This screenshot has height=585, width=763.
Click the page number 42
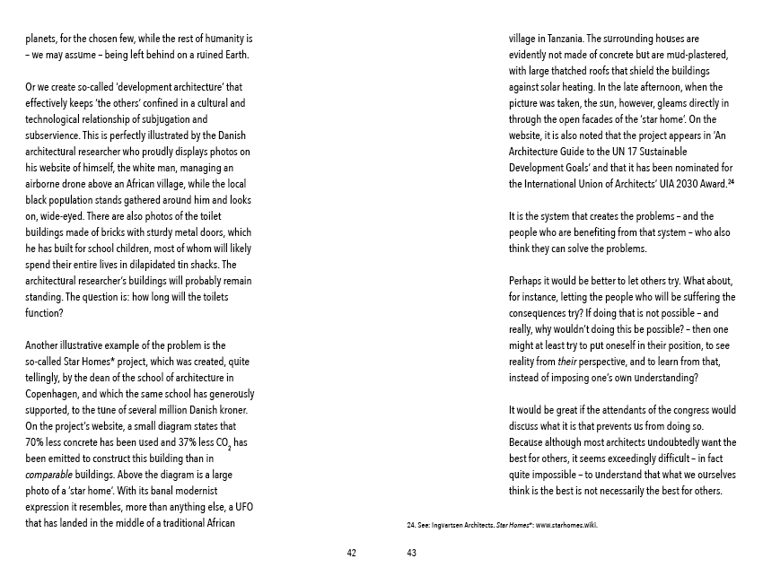coord(351,553)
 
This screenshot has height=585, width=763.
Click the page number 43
coord(412,553)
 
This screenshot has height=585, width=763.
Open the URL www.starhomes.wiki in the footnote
coord(566,525)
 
